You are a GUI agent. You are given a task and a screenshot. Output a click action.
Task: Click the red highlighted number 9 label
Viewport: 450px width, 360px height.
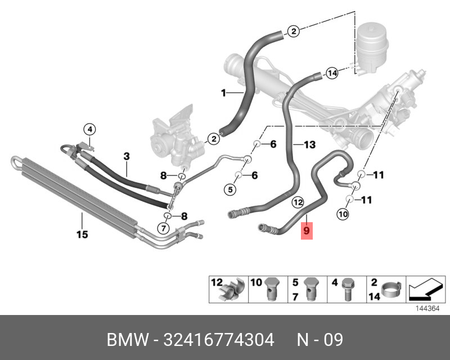pos(306,230)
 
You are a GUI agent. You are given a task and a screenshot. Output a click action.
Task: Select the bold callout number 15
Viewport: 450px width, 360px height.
pos(83,235)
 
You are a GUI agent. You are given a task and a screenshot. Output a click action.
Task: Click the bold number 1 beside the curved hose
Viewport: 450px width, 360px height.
pos(223,92)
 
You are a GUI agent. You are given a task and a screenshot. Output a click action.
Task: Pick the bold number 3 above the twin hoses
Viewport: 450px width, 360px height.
pos(127,155)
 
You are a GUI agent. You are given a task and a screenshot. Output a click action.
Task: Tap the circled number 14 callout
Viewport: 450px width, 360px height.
pos(332,73)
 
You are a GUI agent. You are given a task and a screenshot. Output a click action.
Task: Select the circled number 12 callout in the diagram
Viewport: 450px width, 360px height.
pos(298,201)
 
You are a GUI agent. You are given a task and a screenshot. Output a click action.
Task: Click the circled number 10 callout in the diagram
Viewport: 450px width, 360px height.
pos(343,214)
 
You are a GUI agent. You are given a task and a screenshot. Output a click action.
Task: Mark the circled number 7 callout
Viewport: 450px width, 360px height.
pos(163,228)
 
